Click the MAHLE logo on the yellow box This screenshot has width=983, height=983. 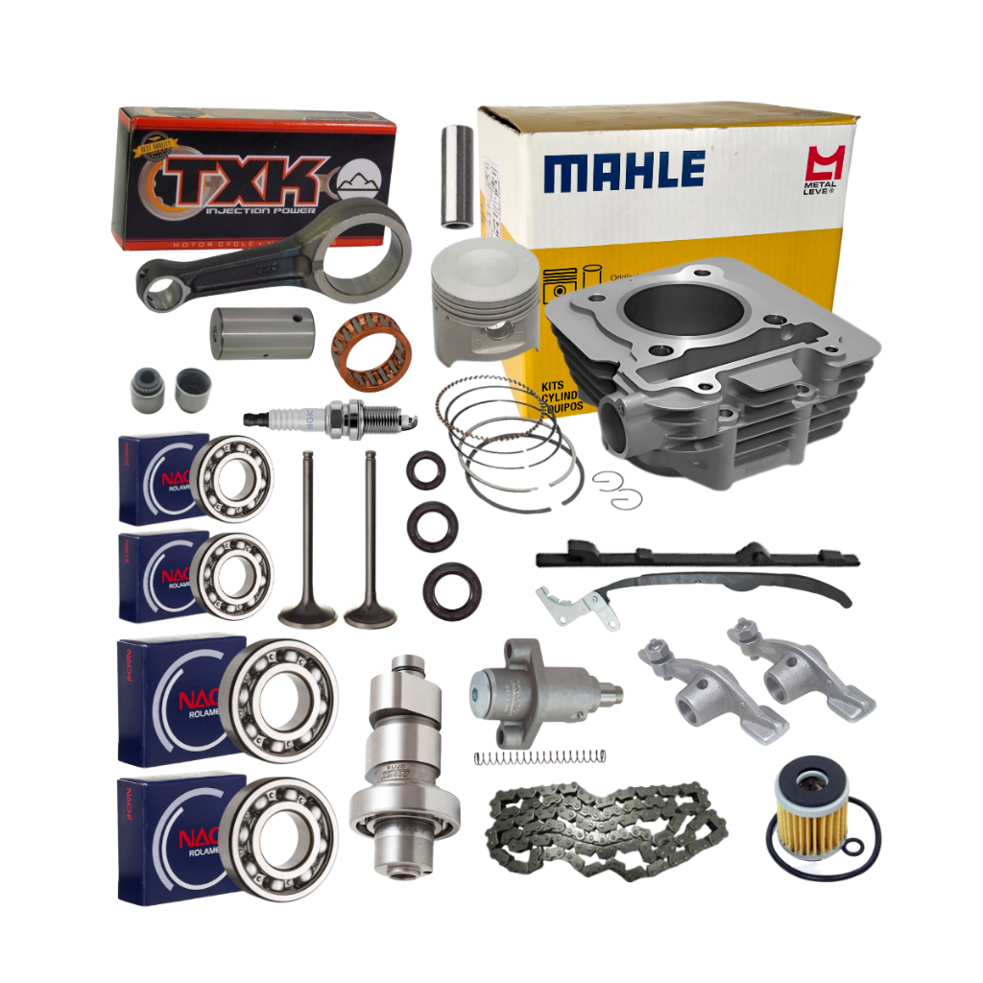624,171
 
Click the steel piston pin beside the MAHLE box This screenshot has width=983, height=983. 458,177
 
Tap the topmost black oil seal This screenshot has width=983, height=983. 424,470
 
